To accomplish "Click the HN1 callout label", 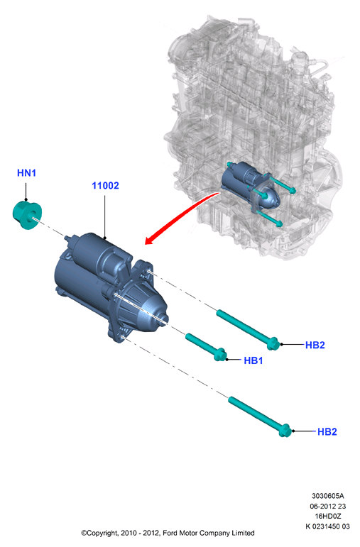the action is click(26, 172).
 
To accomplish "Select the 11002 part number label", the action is click(105, 186).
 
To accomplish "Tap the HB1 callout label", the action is click(253, 360).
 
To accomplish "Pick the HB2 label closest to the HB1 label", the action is click(315, 345).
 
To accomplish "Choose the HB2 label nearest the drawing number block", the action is click(327, 432).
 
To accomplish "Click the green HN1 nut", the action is click(27, 214).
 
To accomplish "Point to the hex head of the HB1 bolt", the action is click(219, 355).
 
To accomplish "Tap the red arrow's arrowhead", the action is click(151, 240).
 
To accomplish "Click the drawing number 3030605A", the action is click(328, 496).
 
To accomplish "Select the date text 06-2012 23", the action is click(328, 506).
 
